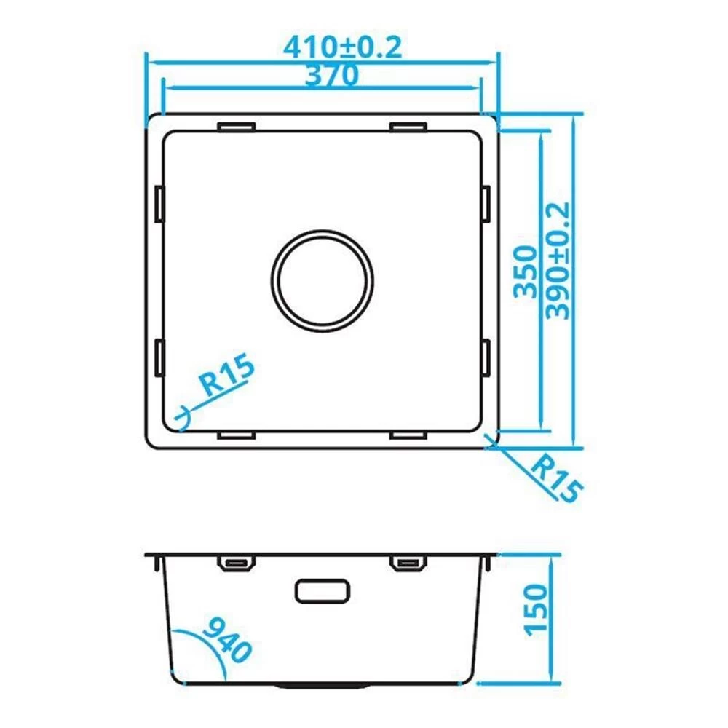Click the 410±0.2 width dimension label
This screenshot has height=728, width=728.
tap(343, 47)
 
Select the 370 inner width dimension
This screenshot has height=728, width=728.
tap(331, 75)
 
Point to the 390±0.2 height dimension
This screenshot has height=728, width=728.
tap(558, 261)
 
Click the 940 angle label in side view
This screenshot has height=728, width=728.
tap(227, 640)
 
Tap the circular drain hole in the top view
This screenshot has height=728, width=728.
tap(323, 281)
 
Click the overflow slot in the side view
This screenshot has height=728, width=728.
tap(323, 591)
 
